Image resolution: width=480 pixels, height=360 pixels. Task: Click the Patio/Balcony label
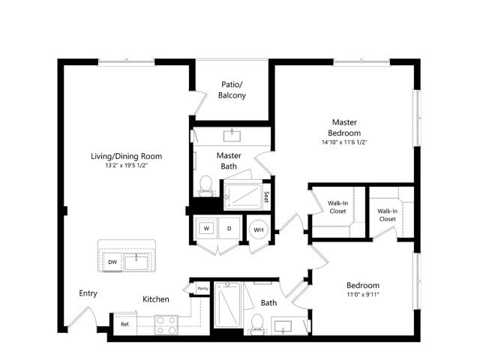point(232,90)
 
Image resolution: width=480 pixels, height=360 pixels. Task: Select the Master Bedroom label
point(345,127)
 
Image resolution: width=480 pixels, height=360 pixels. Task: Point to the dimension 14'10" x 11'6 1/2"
point(345,142)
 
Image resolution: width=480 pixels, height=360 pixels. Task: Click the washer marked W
point(205,228)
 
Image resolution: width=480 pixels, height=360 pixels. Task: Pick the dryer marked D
point(229,228)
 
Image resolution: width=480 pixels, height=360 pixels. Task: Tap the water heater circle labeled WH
point(258,229)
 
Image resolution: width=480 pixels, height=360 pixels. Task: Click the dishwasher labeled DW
point(112,262)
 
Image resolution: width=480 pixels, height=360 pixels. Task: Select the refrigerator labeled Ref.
point(124,324)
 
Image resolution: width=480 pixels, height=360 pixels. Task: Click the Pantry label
point(202,288)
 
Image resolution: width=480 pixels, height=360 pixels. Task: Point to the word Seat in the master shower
point(266,197)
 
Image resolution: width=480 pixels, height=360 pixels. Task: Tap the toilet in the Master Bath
point(205,184)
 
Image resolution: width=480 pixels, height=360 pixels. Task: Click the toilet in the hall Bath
point(256,322)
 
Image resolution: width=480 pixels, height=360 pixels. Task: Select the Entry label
point(88,293)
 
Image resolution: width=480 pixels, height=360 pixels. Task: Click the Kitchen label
point(156,299)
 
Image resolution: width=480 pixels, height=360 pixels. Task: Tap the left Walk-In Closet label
point(337,207)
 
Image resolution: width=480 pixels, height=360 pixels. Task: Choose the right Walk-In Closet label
point(387,214)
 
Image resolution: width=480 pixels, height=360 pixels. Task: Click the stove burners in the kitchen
point(165,324)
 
